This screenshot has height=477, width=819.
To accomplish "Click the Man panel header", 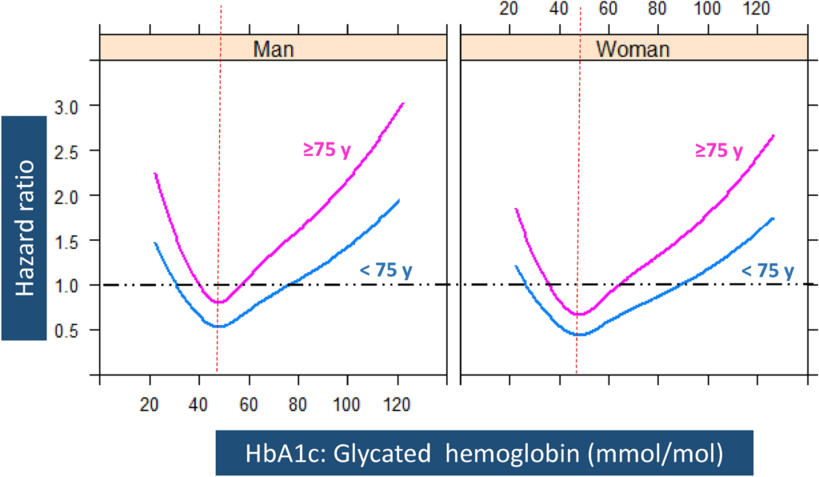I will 273,48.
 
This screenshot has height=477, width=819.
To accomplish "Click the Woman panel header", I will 632,48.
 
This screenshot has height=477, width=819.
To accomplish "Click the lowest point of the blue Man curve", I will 218,326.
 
